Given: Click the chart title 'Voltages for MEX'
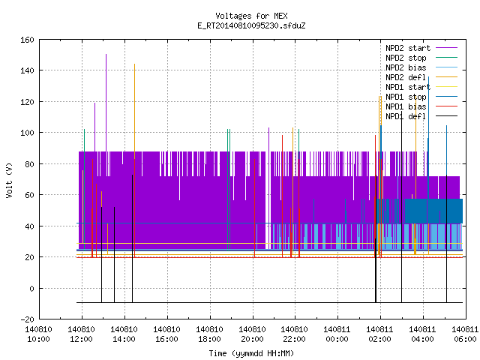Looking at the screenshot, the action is pos(251,16).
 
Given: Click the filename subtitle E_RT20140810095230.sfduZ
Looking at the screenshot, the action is pos(251,25).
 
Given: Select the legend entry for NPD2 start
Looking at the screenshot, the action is pos(421,48).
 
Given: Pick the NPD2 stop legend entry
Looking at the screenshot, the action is pos(421,58).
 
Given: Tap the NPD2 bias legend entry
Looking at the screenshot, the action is pos(421,67).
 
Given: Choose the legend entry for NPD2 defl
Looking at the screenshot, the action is pos(421,77).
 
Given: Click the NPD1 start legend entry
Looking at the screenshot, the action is pos(421,87).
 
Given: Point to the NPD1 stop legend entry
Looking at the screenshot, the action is pos(421,97).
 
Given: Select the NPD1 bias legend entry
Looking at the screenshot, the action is pos(421,106).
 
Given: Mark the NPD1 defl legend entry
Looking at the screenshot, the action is pos(421,117).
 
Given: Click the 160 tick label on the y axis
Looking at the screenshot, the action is pos(27,40).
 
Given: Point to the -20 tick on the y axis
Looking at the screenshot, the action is pos(27,319).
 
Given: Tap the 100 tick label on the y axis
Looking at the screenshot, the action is pos(27,133).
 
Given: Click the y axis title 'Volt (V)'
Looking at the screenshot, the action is pos(10,180).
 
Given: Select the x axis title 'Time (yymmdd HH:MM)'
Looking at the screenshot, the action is pos(251,353).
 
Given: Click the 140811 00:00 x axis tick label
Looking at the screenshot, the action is pos(337,334).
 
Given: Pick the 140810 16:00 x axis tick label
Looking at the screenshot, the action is pos(166,334).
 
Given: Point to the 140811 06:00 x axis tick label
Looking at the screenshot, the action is pos(465,334).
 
